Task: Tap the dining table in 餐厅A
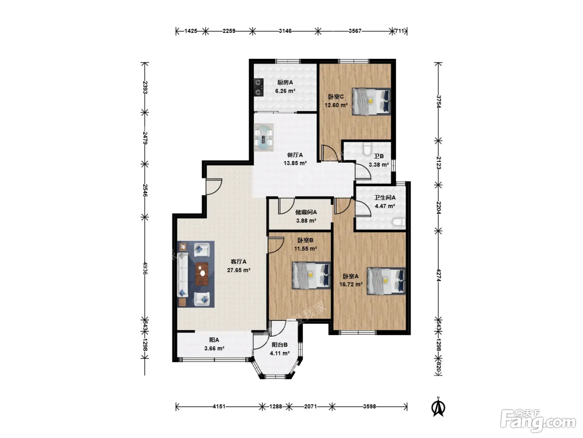(264, 138)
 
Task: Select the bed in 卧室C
(371, 102)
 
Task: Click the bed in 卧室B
(311, 275)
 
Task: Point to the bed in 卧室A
(386, 281)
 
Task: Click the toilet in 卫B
(367, 149)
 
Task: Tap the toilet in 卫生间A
(399, 222)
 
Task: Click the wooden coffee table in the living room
(202, 273)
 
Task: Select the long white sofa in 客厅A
(183, 275)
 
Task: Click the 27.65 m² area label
(239, 270)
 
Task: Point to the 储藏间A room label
(306, 212)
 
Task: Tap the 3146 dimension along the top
(285, 31)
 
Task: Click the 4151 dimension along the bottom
(219, 406)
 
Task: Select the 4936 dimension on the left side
(145, 268)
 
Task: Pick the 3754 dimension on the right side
(438, 102)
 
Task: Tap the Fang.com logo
(538, 422)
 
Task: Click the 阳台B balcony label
(279, 345)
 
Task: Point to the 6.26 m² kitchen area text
(285, 91)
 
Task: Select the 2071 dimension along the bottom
(311, 406)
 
